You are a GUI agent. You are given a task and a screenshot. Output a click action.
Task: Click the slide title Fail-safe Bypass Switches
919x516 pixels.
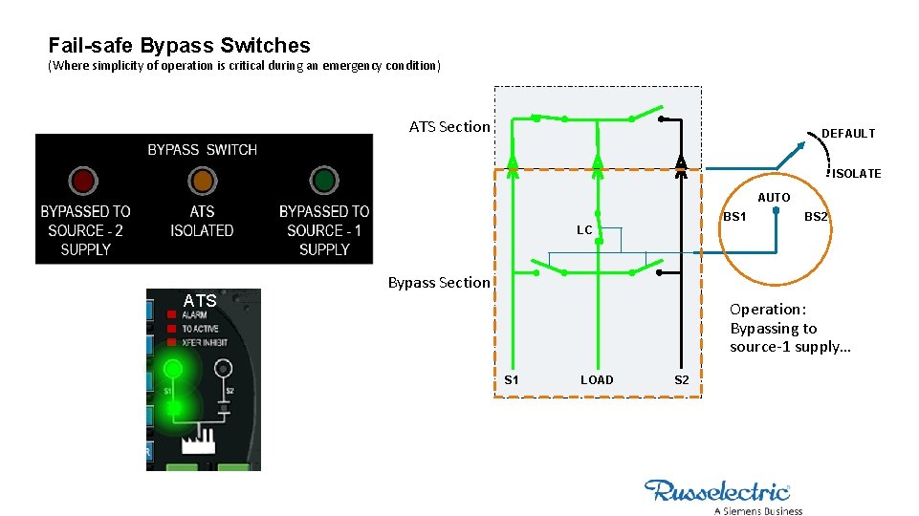click(179, 45)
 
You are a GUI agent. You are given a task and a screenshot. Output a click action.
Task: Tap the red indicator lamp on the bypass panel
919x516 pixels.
click(83, 180)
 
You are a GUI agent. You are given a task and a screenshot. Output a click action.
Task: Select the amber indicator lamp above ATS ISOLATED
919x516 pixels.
click(202, 180)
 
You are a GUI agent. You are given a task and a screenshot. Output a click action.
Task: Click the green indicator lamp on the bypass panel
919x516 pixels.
click(324, 180)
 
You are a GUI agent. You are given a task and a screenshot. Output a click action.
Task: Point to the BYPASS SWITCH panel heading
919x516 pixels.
click(202, 150)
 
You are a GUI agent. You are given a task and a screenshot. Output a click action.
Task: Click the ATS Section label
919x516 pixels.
click(449, 126)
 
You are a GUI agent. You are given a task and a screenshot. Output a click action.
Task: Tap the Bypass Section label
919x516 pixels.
click(438, 282)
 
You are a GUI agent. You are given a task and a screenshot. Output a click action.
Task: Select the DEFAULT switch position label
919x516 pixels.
click(848, 134)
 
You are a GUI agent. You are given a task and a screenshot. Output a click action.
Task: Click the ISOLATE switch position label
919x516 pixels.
click(856, 173)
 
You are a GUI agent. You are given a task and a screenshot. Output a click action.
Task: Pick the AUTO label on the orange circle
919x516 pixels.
click(774, 197)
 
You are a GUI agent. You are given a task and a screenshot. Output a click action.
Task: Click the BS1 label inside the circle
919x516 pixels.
click(734, 217)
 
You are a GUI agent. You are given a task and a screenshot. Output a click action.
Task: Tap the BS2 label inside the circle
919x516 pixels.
click(816, 217)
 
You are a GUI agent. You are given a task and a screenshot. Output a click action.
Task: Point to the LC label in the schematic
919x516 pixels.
click(583, 230)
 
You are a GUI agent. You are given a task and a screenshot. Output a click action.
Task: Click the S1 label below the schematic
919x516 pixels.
click(512, 380)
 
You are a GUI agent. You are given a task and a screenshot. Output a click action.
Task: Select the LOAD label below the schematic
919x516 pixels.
click(597, 380)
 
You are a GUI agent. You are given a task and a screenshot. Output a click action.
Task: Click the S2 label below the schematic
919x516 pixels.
click(681, 380)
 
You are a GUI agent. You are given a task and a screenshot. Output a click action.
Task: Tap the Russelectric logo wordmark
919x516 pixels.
click(717, 491)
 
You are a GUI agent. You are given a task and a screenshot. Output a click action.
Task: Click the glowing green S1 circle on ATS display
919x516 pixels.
click(173, 368)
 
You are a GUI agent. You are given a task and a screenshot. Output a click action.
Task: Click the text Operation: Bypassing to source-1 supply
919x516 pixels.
click(789, 328)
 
